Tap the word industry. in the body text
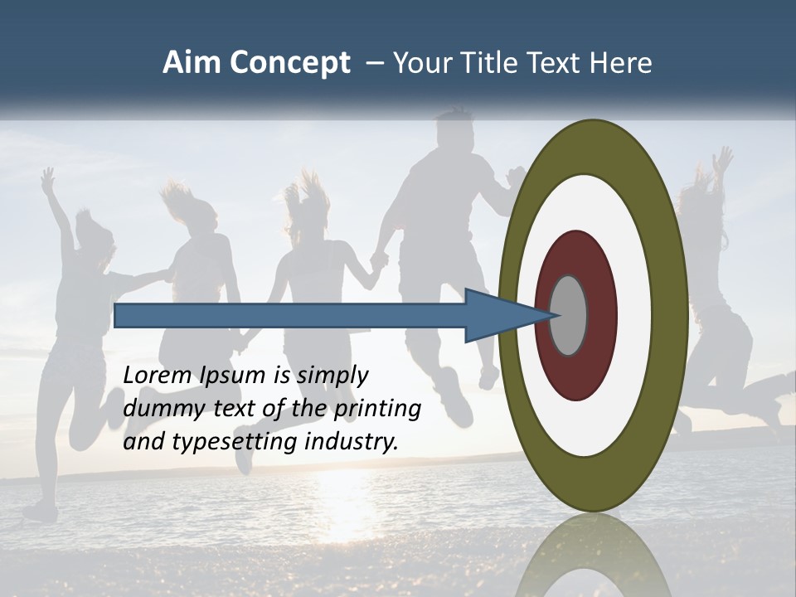click(352, 442)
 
